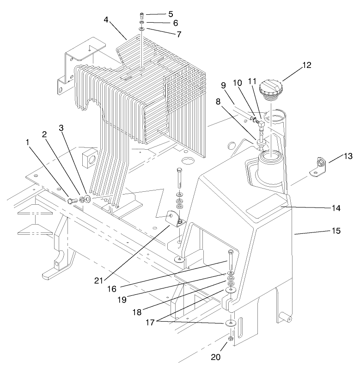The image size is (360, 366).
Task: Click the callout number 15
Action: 336,230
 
